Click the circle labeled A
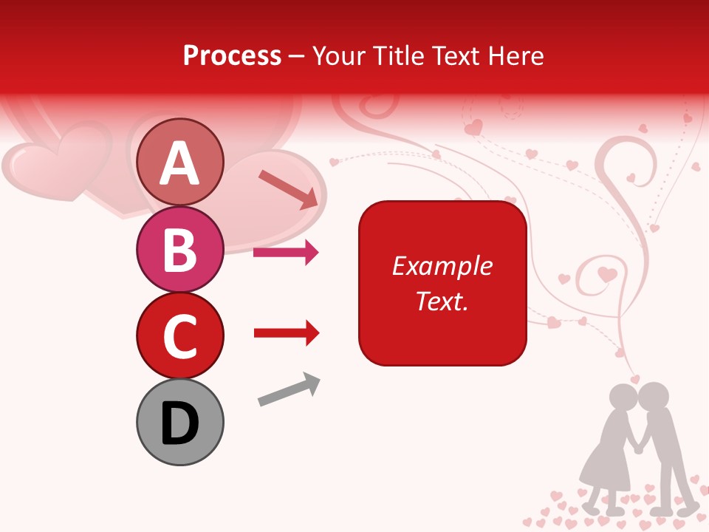tap(179, 162)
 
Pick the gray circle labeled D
tap(179, 422)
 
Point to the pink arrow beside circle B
tap(286, 253)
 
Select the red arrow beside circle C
tap(286, 333)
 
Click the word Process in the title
tap(232, 56)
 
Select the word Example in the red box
tap(442, 266)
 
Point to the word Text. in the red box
tap(442, 301)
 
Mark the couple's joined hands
tap(640, 446)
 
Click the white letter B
tap(179, 249)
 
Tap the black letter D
tap(179, 423)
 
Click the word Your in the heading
tap(338, 56)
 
